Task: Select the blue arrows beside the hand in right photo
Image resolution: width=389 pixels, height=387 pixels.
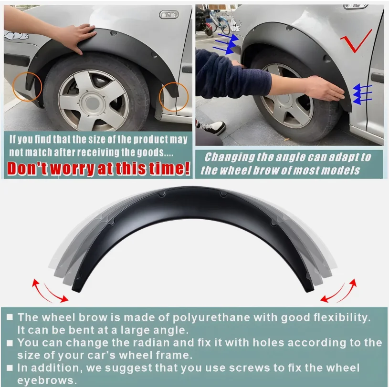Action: [x=362, y=93]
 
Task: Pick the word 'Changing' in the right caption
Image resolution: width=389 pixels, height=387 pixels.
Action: [x=233, y=158]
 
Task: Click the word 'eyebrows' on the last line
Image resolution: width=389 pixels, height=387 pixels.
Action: [x=47, y=381]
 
